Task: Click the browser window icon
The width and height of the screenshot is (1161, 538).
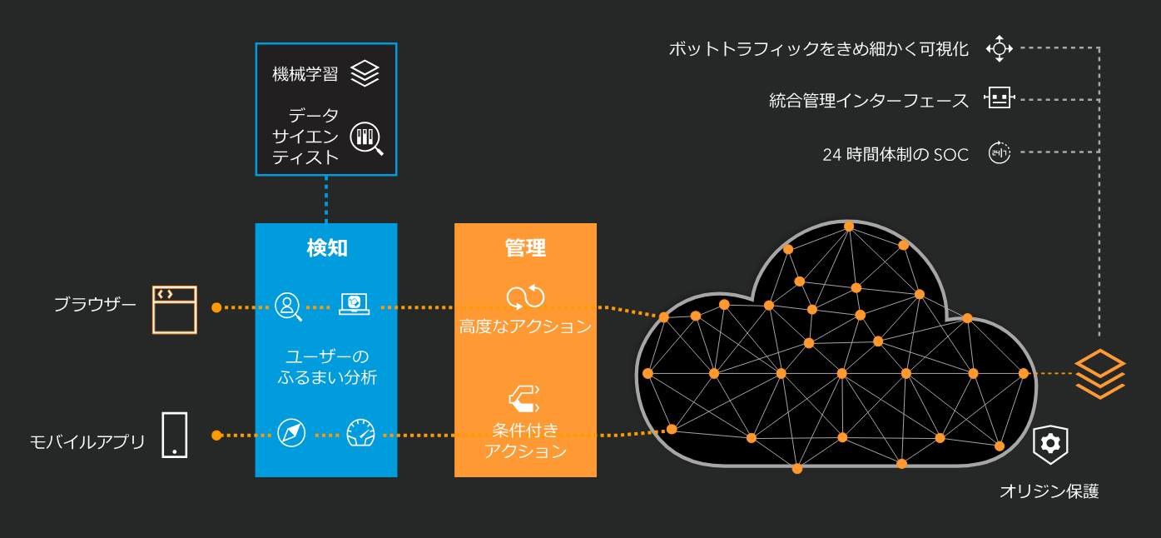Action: click(175, 310)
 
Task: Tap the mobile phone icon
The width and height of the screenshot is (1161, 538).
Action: click(175, 435)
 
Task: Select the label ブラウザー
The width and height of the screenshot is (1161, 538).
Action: click(95, 305)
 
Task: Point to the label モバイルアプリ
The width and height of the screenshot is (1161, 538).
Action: click(87, 441)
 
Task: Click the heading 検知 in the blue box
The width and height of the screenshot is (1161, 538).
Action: click(326, 247)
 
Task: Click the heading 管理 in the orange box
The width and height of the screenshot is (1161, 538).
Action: click(525, 247)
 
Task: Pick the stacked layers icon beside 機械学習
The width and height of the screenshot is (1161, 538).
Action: click(365, 73)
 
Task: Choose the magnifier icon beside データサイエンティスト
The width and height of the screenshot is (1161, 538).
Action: click(365, 137)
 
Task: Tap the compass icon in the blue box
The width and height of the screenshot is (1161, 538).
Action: click(291, 433)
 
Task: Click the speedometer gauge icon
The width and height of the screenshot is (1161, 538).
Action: click(360, 433)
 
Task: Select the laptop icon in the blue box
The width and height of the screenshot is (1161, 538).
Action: click(354, 303)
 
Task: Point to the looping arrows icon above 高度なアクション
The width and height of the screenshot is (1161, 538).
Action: click(525, 296)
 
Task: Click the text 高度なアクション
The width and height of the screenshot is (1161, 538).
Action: click(525, 326)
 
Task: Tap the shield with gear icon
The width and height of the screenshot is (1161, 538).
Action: click(1050, 443)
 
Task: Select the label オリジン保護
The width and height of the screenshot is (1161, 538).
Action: click(1049, 491)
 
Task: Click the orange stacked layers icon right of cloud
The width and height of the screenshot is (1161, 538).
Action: click(1099, 373)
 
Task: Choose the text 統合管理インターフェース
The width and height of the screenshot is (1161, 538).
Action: click(869, 101)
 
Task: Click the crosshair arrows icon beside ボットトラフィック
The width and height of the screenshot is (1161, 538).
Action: click(999, 48)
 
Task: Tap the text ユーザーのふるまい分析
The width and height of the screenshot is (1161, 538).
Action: click(326, 366)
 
